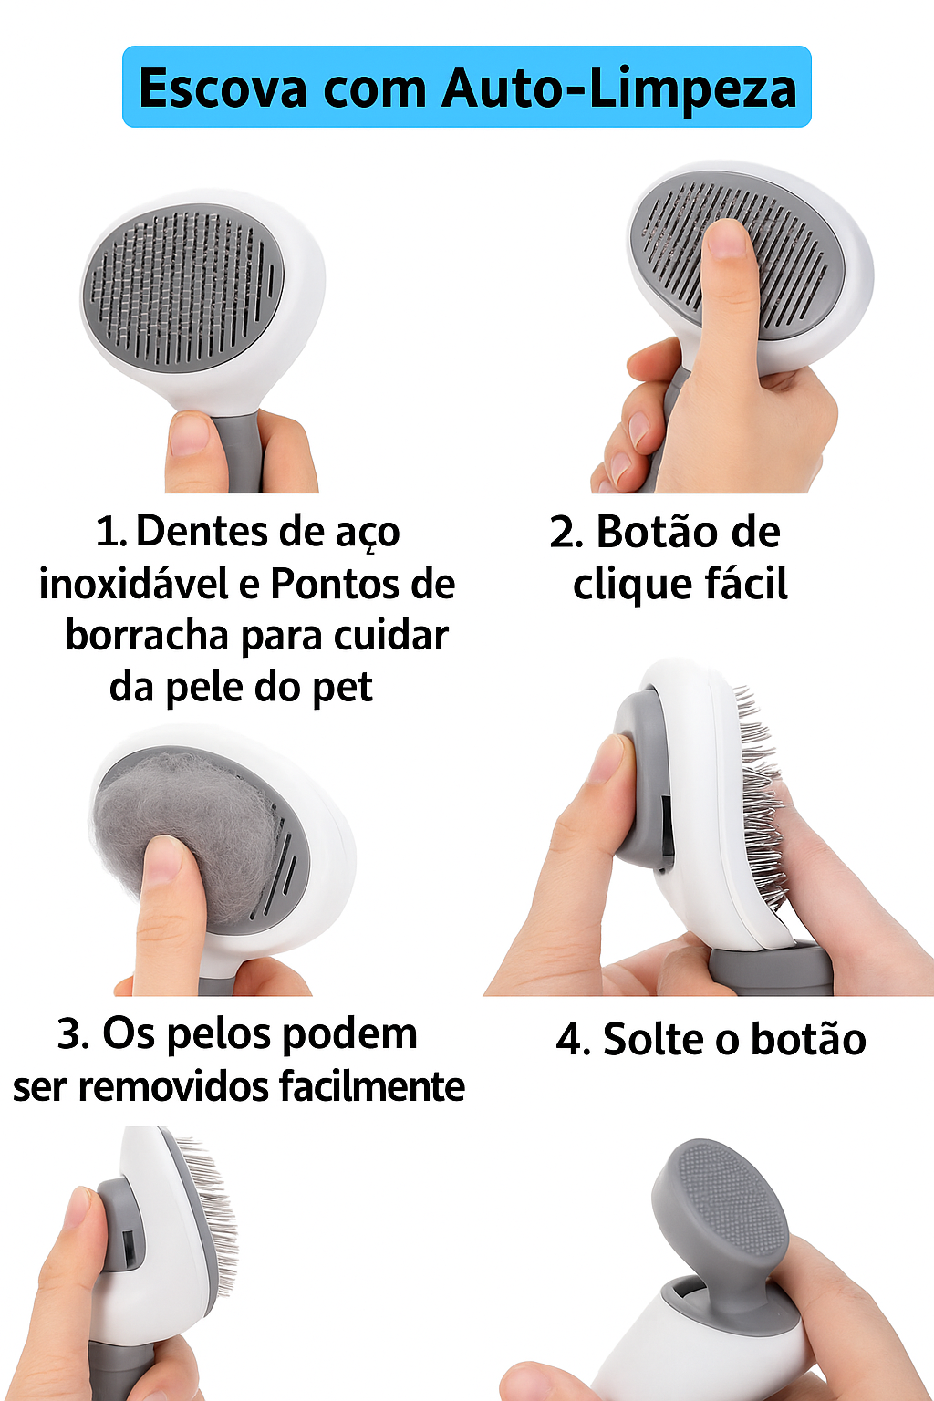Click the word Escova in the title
tap(223, 88)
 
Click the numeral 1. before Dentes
tap(110, 533)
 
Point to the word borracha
tap(148, 636)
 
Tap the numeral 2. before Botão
tap(566, 533)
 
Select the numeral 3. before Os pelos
tap(73, 1033)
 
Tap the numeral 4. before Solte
tap(573, 1040)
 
